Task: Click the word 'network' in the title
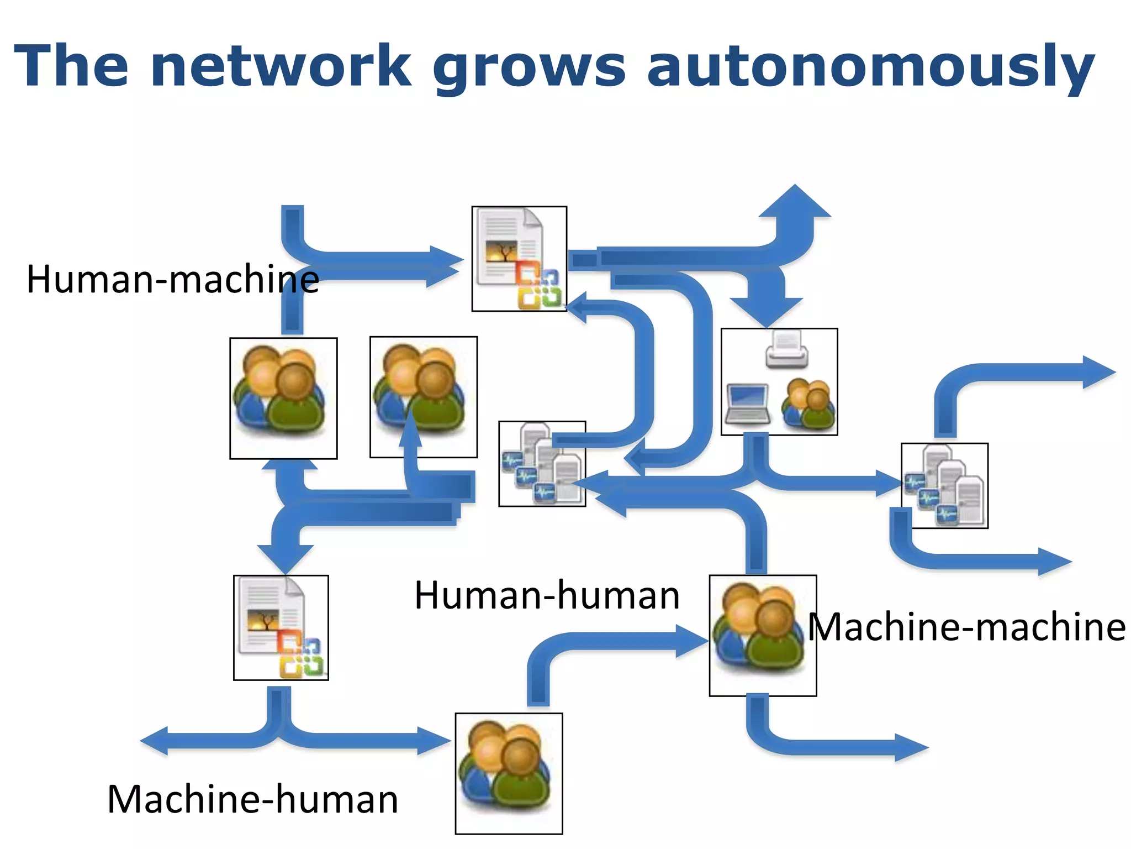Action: (281, 66)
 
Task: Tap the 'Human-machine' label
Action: (172, 279)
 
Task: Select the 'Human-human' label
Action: (547, 595)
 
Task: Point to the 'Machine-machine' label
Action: (966, 627)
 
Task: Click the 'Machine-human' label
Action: (252, 799)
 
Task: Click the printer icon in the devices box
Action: (786, 349)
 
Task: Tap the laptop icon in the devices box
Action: (747, 403)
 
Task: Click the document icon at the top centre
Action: (519, 259)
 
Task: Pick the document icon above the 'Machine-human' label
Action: (281, 627)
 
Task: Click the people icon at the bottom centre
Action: (509, 773)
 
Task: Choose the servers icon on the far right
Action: (944, 485)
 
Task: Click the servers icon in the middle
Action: (542, 463)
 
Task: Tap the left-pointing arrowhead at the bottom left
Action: (154, 741)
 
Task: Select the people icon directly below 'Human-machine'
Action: (283, 398)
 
